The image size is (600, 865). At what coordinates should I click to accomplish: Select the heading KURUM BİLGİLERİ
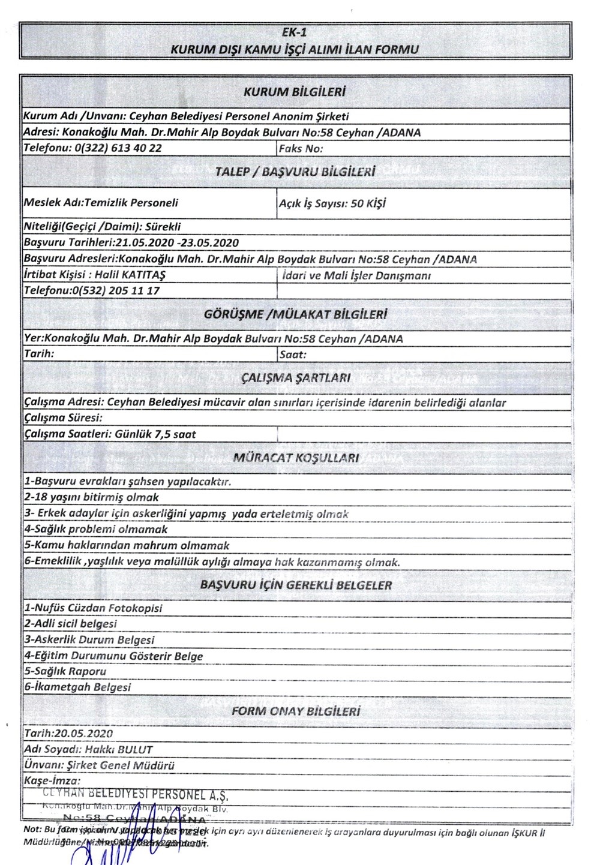click(295, 92)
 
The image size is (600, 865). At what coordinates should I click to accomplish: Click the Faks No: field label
click(301, 148)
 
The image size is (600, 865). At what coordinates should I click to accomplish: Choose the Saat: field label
click(293, 355)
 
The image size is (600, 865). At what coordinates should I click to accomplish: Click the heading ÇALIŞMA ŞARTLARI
click(295, 378)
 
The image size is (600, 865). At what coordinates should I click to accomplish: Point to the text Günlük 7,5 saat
click(155, 434)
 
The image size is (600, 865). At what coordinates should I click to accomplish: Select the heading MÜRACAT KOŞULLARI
click(296, 458)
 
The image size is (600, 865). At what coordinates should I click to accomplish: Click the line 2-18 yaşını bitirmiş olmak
click(91, 497)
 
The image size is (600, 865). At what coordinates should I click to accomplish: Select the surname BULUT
click(135, 750)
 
